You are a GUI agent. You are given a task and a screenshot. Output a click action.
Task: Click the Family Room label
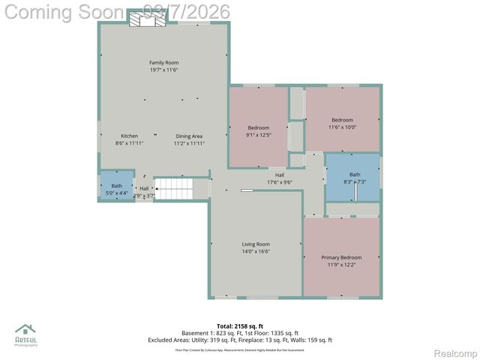point(163,62)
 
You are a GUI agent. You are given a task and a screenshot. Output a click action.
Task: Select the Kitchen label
point(129,135)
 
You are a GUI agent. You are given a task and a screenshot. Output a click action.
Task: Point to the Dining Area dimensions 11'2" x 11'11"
point(189,142)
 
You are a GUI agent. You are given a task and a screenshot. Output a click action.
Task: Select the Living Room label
point(256,244)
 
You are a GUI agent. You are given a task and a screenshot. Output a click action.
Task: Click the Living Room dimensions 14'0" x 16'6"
point(256,251)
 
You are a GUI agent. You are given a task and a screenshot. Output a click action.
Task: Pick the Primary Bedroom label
point(341,257)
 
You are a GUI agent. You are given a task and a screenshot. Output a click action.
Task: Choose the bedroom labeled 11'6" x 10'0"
point(342,123)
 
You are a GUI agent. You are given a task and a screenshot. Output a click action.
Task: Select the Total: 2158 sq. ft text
point(239,326)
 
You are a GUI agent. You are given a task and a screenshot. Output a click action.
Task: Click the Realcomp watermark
point(454,353)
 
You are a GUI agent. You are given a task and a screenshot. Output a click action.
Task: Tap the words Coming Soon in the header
point(63,12)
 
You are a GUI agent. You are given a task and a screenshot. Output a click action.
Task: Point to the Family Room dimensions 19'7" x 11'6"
point(163,70)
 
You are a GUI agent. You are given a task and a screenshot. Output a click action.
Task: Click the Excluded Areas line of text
point(240,340)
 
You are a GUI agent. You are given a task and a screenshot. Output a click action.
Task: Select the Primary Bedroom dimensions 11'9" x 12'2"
point(341,265)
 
